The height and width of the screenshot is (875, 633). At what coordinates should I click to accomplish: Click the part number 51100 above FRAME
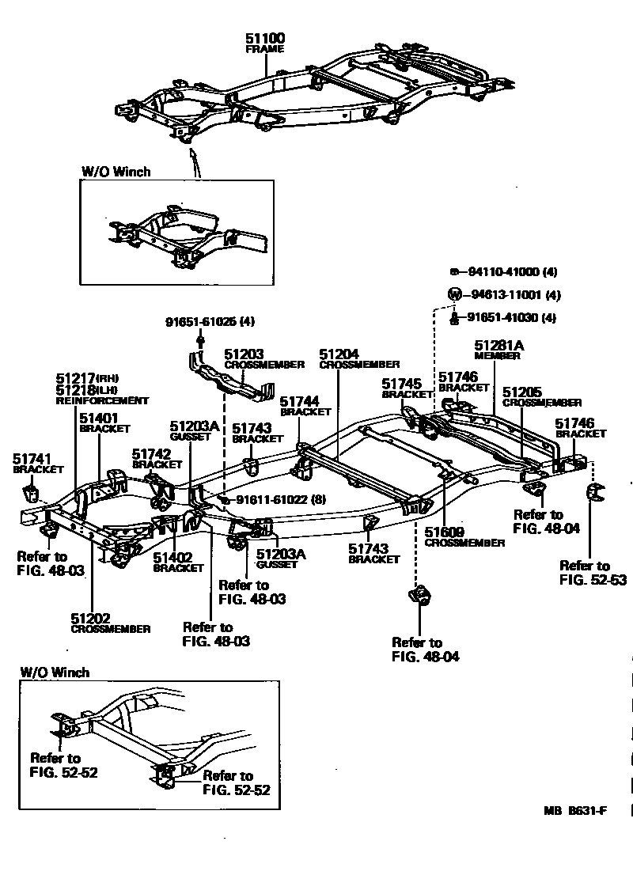(264, 38)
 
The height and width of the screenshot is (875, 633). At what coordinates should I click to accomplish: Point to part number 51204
(339, 353)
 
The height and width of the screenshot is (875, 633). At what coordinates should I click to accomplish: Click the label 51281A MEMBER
(498, 350)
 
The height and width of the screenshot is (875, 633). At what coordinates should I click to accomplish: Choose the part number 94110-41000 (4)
(513, 271)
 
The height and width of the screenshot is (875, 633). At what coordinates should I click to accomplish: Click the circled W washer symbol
(454, 294)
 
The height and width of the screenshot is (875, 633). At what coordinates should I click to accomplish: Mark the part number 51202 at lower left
(90, 619)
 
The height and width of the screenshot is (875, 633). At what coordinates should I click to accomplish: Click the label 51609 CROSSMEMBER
(464, 537)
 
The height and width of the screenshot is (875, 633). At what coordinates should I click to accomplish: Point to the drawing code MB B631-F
(575, 810)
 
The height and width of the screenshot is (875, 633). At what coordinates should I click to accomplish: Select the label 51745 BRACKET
(407, 388)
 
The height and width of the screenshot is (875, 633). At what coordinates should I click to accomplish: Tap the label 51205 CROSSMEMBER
(541, 396)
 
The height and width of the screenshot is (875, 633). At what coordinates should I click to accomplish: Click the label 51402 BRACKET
(178, 562)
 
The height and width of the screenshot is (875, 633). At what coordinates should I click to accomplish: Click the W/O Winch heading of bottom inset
(55, 672)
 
